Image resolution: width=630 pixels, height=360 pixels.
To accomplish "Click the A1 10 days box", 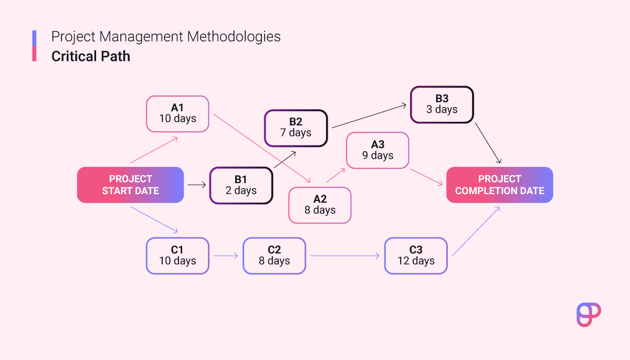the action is pos(177,114).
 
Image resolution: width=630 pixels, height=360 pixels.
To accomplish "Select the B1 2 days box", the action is pos(241,185).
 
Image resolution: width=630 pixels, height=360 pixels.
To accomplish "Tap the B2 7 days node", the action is pos(296,128).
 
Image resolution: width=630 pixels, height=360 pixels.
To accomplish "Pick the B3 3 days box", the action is pos(442,104).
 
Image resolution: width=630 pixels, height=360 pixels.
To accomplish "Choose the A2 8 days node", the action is pos(320,205).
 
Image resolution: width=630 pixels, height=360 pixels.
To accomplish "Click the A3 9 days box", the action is pos(377,151).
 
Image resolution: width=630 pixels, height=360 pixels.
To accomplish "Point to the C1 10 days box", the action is pos(177,256).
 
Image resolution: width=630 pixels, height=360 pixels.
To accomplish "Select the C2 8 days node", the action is pos(274,256).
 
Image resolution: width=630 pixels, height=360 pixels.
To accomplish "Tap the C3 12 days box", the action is pos(416,256).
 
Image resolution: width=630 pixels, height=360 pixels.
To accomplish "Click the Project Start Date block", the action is pos(131,185).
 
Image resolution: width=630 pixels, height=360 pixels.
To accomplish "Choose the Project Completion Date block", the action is pos(499,185).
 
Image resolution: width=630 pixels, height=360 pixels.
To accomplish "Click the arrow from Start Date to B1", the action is pos(196,185).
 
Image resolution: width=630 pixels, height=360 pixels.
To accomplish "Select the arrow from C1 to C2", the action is pos(226,256).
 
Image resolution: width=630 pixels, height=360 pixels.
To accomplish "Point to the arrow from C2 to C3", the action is pos(344,256).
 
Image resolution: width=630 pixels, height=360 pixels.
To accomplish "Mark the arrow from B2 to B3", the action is pos(369,117).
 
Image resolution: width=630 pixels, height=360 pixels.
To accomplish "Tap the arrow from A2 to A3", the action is pos(335,175).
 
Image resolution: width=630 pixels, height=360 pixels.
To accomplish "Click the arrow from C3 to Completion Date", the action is pos(476,231).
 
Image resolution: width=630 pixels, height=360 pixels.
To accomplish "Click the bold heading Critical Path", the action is pos(90,56).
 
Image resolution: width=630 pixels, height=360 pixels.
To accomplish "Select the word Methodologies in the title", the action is pos(234,37).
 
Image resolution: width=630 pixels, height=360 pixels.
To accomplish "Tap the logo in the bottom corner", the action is pos(589,315).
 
